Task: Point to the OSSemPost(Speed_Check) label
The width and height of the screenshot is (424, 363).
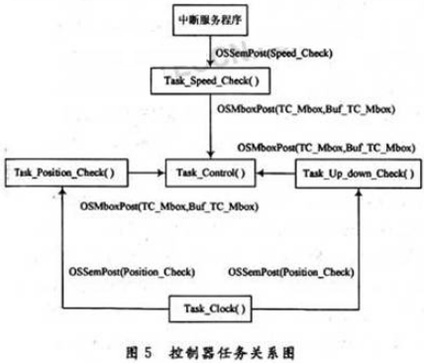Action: [273, 48]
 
